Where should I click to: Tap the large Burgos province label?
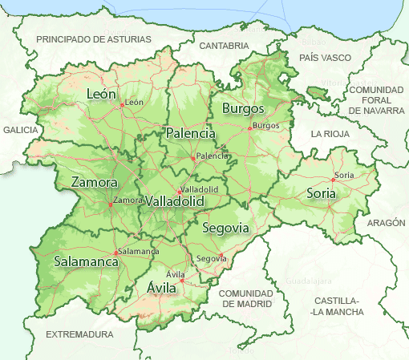tap(242, 108)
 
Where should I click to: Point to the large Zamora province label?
tap(95, 183)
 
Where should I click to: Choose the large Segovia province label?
tap(225, 229)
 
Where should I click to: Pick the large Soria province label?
tap(321, 193)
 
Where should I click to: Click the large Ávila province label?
tap(162, 287)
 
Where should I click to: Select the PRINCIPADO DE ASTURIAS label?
tap(94, 38)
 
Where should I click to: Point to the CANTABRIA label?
tap(225, 46)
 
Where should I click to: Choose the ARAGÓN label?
tap(387, 223)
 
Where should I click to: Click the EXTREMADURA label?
tap(79, 334)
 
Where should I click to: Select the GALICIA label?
tap(20, 129)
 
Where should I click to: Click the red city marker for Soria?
tap(333, 180)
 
